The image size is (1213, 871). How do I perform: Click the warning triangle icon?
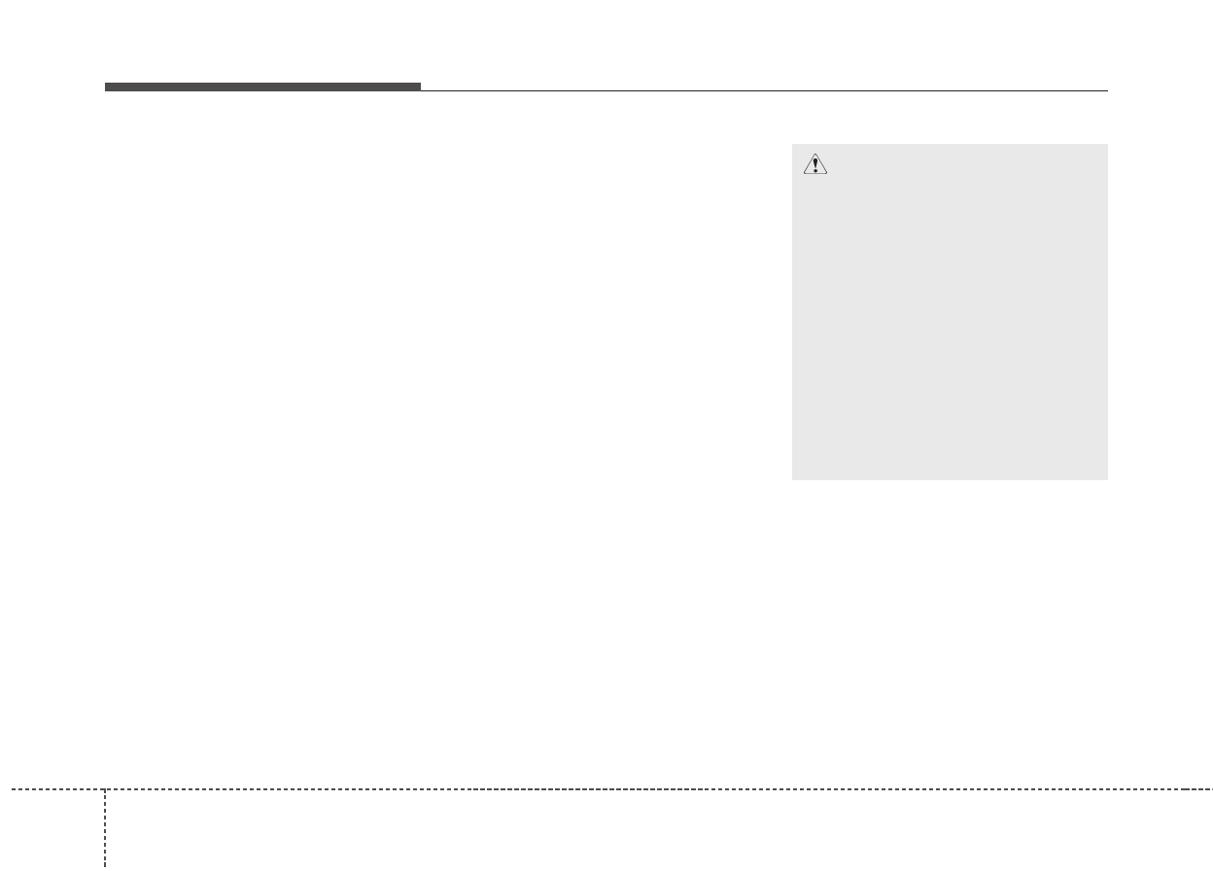point(814,165)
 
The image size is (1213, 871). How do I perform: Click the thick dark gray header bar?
point(262,87)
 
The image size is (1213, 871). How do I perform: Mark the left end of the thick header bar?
point(105,87)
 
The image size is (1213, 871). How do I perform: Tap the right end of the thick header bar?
point(421,87)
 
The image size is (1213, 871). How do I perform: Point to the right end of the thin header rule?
point(1107,90)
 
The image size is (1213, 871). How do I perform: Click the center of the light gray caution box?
point(950,312)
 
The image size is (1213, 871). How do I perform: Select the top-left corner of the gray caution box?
point(792,144)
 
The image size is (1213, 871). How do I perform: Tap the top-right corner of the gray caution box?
point(1107,144)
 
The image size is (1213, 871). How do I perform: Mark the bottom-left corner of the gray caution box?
point(792,479)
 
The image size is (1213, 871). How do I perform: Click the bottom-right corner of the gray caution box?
point(1107,479)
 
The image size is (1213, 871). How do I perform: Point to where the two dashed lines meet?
point(105,789)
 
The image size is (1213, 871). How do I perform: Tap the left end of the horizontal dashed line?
point(12,789)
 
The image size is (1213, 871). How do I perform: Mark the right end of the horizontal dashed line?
point(1211,789)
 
